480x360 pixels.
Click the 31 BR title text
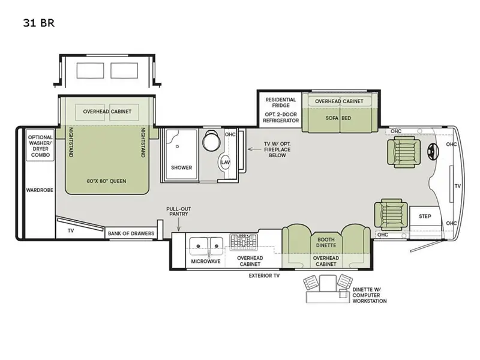click(x=38, y=23)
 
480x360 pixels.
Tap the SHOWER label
click(x=182, y=168)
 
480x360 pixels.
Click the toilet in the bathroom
click(x=211, y=140)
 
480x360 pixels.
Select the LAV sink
click(x=225, y=162)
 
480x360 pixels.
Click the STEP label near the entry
click(x=425, y=217)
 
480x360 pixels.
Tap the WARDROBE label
click(x=40, y=190)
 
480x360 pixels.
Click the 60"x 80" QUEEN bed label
click(x=106, y=181)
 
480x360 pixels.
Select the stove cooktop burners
click(x=244, y=242)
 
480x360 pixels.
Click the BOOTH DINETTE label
click(x=326, y=242)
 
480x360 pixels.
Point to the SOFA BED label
click(x=338, y=118)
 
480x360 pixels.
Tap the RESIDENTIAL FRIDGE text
click(x=281, y=103)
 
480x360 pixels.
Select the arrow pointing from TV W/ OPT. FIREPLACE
click(x=254, y=149)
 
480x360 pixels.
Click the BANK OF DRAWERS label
click(x=131, y=233)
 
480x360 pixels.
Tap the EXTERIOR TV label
click(x=264, y=276)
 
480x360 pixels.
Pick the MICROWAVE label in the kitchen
click(x=206, y=262)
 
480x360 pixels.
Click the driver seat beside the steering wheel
click(x=403, y=152)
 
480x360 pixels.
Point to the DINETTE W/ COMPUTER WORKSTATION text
click(x=370, y=295)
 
